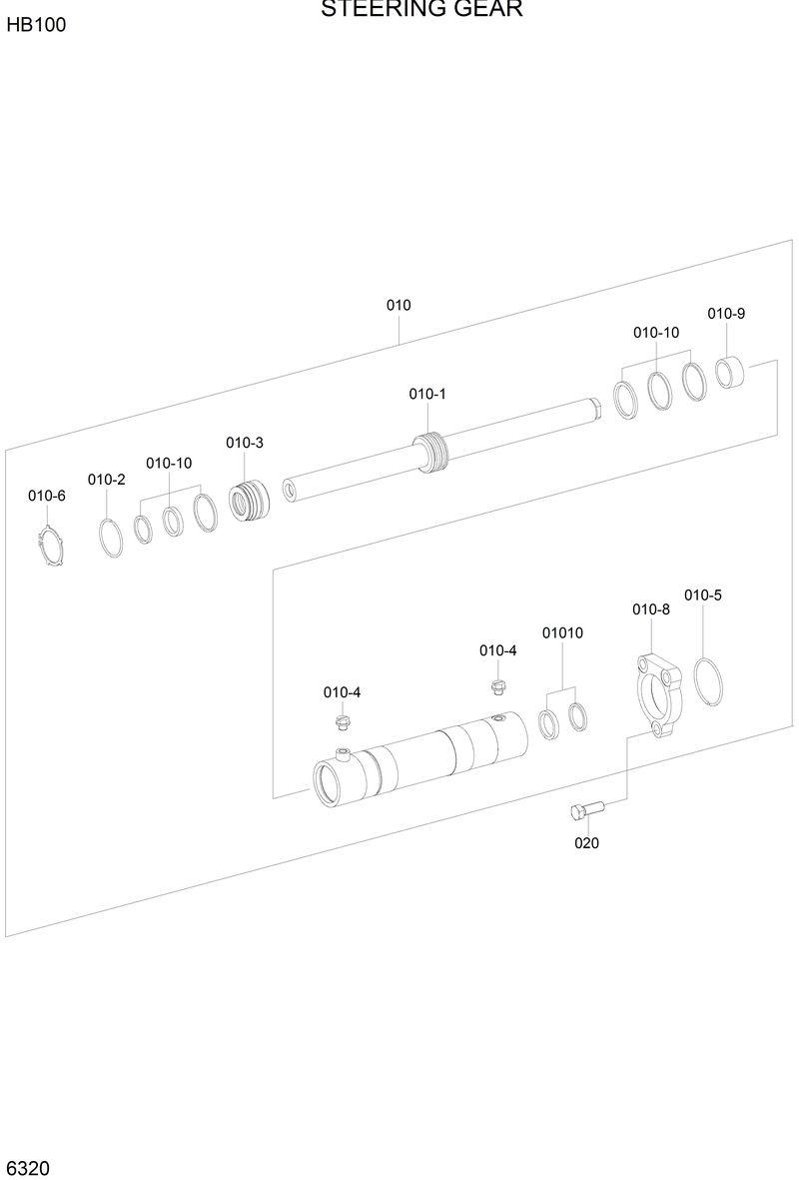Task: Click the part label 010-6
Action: [46, 496]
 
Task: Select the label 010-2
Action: [106, 480]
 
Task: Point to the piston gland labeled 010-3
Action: [250, 500]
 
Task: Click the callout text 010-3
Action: [245, 443]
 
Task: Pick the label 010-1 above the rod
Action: [427, 394]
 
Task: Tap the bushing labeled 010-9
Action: [731, 373]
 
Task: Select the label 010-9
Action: [726, 313]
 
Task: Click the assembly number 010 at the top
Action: [399, 305]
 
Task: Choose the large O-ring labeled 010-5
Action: [710, 684]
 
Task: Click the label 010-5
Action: [703, 595]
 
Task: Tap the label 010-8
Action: [650, 609]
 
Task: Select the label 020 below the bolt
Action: [586, 843]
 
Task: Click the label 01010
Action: [562, 633]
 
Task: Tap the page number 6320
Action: [28, 1167]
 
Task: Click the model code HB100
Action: [36, 25]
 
